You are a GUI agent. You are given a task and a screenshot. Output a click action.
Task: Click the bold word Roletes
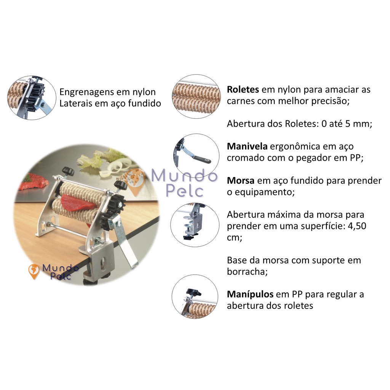[x=243, y=90]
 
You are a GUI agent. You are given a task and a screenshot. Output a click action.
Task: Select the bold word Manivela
[x=247, y=146]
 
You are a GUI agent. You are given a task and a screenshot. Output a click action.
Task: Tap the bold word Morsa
[x=241, y=181]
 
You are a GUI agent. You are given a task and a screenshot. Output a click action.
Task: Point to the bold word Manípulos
[x=250, y=294]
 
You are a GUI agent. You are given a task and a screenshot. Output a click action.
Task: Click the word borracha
[x=247, y=272]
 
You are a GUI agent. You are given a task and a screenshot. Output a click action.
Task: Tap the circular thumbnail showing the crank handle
[x=196, y=155]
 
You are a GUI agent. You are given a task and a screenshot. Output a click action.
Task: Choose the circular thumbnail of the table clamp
[x=195, y=225]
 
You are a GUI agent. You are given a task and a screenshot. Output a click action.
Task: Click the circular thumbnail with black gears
[x=32, y=98]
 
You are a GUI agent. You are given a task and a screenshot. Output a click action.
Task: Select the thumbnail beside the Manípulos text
[x=195, y=297]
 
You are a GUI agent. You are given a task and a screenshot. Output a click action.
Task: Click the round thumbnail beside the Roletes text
[x=196, y=96]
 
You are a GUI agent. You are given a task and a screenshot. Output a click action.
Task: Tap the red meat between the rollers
[x=78, y=203]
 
